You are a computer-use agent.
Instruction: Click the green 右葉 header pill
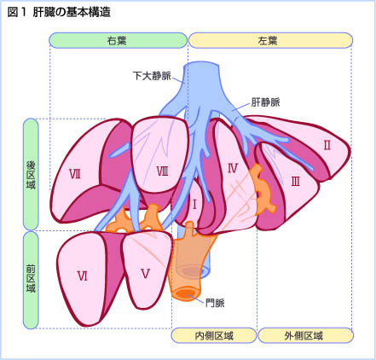tap(118, 40)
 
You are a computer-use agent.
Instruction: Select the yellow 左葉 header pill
tap(270, 40)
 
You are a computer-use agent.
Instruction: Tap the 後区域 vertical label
tap(31, 174)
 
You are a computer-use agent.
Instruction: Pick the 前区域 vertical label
tap(31, 280)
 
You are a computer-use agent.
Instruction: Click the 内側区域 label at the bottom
tap(214, 335)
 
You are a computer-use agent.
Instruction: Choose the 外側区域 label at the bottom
tap(305, 335)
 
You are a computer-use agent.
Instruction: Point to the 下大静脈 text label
tap(152, 76)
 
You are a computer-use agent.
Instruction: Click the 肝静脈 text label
tap(265, 102)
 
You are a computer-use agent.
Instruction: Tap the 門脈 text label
tap(215, 303)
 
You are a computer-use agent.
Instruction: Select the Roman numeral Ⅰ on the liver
tap(194, 205)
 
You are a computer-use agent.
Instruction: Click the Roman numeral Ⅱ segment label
tap(327, 145)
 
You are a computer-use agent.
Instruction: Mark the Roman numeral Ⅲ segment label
tap(296, 181)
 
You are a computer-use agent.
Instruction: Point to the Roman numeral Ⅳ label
tap(233, 169)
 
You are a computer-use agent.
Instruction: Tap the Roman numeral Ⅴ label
tap(145, 274)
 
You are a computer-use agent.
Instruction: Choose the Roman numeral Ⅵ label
tap(83, 276)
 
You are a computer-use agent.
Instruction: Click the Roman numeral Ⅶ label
tap(75, 174)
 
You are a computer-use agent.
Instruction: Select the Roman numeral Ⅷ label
tap(162, 171)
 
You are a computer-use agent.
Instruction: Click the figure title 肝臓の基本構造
tap(72, 12)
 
